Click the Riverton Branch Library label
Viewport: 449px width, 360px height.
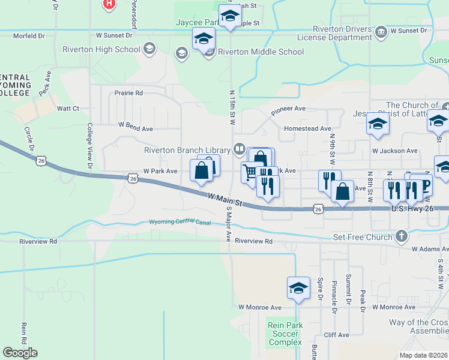pos(187,150)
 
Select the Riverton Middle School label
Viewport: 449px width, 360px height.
pos(261,52)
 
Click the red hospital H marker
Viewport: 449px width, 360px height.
pos(109,4)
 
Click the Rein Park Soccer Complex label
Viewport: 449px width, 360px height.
pos(284,334)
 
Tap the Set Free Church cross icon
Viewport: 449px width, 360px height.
pos(401,237)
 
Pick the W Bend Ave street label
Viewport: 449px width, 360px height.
pos(136,128)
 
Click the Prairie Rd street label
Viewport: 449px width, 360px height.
pos(130,93)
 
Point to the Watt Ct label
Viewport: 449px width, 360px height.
pos(68,109)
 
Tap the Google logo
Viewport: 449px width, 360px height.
pos(20,353)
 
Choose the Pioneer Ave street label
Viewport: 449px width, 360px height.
pos(288,109)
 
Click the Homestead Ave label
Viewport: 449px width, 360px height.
pos(307,128)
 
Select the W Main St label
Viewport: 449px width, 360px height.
pos(225,199)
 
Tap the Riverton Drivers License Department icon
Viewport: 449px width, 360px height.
pos(381,31)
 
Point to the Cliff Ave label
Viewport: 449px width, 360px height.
pos(336,335)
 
